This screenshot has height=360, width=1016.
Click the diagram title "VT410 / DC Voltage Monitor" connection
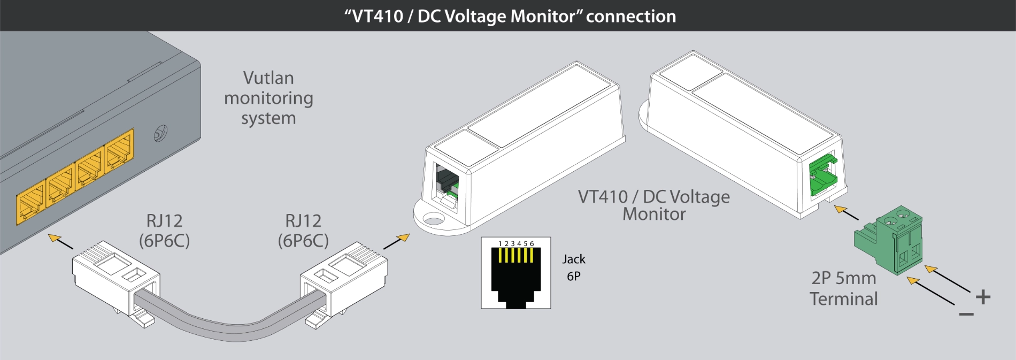510,16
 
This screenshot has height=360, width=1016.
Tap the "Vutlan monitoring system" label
268,98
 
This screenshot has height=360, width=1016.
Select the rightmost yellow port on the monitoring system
119,151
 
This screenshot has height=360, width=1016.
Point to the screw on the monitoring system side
160,133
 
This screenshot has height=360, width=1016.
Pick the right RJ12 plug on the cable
344,278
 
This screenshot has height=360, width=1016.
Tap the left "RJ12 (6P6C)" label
164,231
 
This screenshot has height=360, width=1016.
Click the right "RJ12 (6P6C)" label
303,231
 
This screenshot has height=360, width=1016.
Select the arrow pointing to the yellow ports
60,241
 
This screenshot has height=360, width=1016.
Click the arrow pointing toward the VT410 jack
397,241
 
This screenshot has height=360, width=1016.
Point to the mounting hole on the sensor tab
434,219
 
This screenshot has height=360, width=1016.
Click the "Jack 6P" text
574,267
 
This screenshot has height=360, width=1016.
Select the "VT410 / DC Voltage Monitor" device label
653,205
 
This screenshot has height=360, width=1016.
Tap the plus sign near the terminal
983,297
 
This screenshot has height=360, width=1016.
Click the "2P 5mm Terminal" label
843,288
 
